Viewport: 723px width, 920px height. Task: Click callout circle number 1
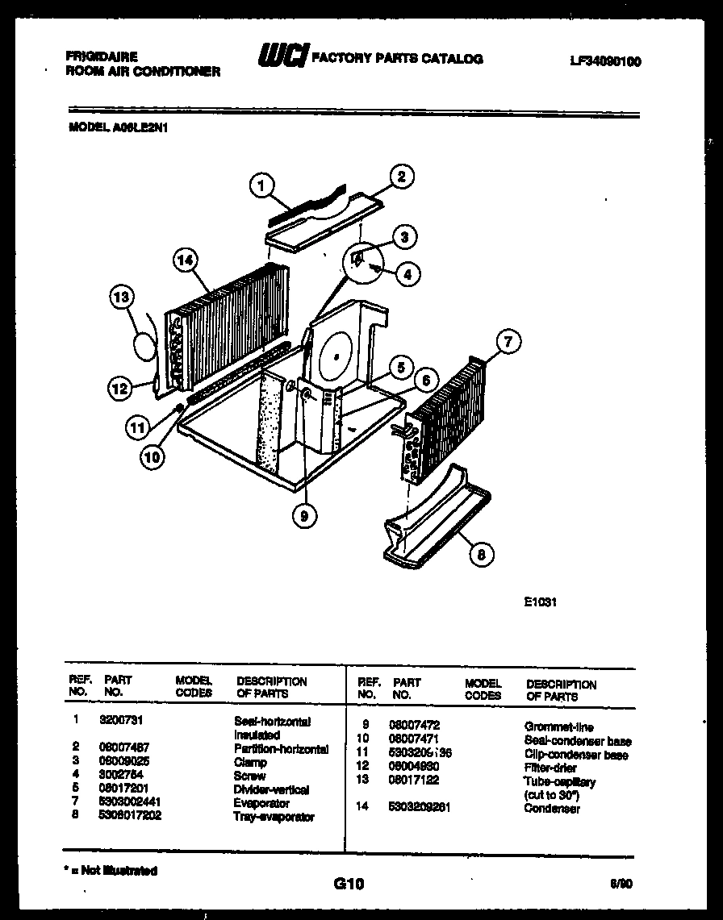259,187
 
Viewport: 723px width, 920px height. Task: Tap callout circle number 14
186,260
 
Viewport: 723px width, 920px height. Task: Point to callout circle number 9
303,515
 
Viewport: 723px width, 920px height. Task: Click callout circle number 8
480,554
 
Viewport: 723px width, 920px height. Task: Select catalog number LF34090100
604,61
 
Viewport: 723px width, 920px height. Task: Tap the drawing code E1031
541,602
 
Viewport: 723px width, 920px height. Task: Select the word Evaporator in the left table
261,803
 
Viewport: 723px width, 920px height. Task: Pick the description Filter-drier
550,768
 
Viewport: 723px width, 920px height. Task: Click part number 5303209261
420,806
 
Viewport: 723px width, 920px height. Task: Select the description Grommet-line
558,726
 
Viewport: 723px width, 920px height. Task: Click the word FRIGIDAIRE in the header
101,57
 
